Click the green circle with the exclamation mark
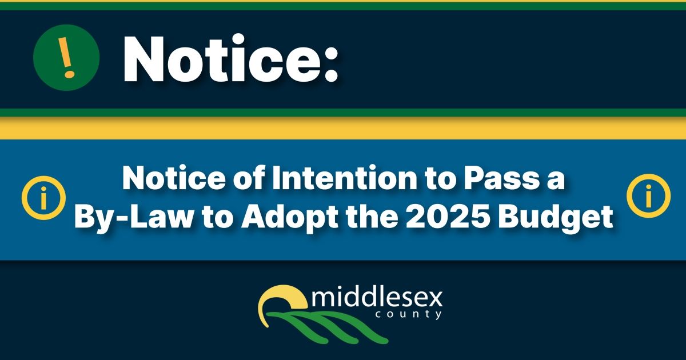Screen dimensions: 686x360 (66, 58)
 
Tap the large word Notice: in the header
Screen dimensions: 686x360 (230, 58)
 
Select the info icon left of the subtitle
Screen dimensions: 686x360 (43, 198)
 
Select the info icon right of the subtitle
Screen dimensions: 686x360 (648, 196)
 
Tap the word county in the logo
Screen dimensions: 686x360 (409, 314)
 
